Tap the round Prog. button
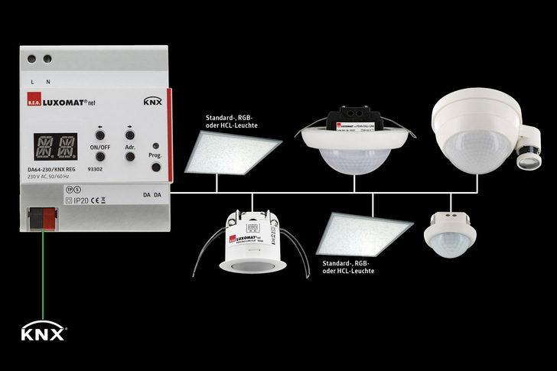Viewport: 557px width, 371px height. [155, 147]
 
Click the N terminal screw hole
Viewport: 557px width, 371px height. [48, 59]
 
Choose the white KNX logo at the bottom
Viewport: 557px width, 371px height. [43, 334]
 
